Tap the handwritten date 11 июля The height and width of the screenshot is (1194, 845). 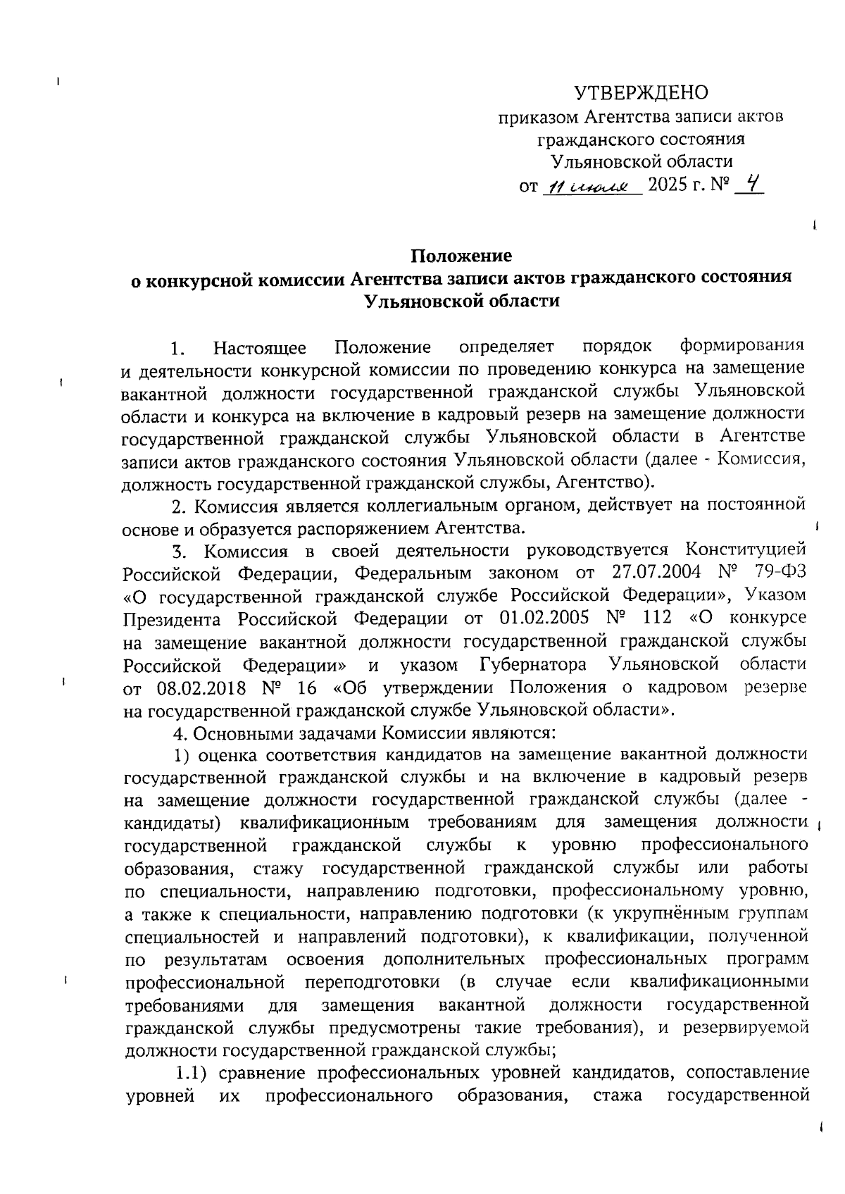click(589, 187)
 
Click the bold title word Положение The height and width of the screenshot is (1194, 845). click(461, 254)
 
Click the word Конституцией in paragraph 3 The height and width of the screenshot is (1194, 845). click(746, 549)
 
